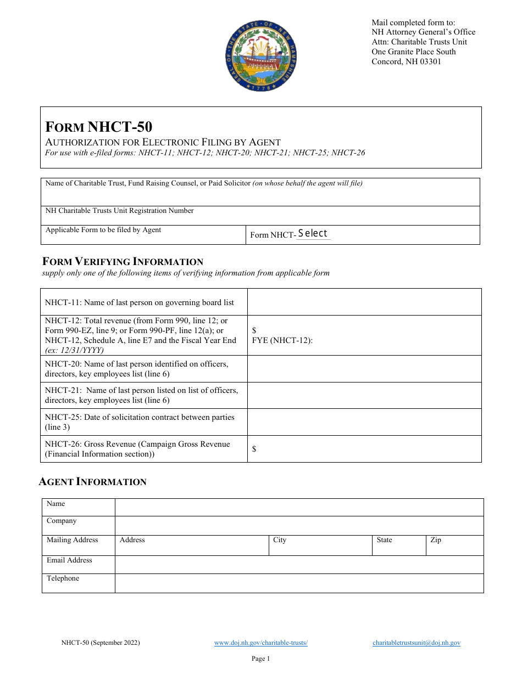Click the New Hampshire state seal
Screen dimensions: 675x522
coord(260,57)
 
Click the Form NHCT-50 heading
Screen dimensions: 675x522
coord(99,127)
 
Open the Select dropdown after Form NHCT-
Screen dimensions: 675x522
coord(313,234)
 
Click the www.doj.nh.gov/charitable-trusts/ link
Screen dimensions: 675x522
coord(260,643)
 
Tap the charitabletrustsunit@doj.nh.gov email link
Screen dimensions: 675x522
coord(416,643)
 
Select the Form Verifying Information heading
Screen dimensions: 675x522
coord(123,262)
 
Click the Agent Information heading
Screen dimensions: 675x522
coord(93,482)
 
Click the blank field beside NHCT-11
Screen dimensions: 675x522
coord(364,302)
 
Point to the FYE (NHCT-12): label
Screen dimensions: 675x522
coord(282,340)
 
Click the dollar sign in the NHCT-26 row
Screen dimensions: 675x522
coord(254,449)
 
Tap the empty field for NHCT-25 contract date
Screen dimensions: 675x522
coord(364,422)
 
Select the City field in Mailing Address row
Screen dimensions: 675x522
coord(320,545)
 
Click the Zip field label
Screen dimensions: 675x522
coord(436,540)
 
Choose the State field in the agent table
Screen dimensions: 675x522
coord(399,545)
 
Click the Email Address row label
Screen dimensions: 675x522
coord(69,560)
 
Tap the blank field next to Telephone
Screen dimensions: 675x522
coord(299,583)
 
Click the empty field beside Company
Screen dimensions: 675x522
coord(299,525)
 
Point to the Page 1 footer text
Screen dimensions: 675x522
coord(260,659)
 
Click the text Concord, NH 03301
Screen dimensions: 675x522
coord(406,61)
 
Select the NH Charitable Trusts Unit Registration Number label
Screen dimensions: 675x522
coord(119,211)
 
